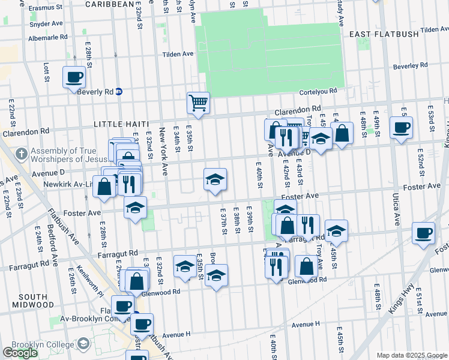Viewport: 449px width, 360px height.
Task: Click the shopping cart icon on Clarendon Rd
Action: [x=198, y=103]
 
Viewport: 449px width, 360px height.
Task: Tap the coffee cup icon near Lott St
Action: [x=74, y=77]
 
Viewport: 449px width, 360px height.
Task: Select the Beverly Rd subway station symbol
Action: [x=119, y=91]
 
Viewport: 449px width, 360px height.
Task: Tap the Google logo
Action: [x=20, y=353]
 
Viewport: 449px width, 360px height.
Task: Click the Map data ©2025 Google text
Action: [x=411, y=355]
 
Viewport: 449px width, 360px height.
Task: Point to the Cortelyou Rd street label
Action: [x=318, y=92]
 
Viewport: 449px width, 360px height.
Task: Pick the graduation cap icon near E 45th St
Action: [x=336, y=231]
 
